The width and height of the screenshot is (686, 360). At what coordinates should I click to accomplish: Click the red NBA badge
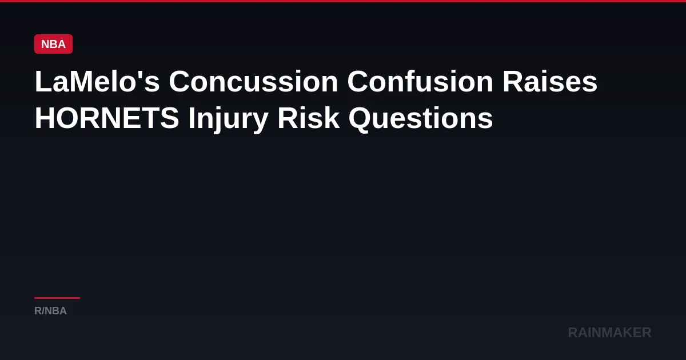pyautogui.click(x=54, y=44)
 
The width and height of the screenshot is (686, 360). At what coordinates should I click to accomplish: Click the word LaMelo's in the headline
pyautogui.click(x=97, y=81)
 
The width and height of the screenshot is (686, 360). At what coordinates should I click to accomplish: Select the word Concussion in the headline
pyautogui.click(x=254, y=81)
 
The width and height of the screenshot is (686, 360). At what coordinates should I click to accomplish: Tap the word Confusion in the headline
pyautogui.click(x=420, y=81)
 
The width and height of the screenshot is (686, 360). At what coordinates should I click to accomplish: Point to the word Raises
pyautogui.click(x=550, y=81)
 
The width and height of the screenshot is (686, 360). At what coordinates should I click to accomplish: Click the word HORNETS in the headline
pyautogui.click(x=107, y=118)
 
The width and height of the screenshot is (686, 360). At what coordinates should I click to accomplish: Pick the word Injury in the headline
pyautogui.click(x=229, y=119)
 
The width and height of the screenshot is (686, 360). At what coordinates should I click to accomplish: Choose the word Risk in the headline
pyautogui.click(x=309, y=118)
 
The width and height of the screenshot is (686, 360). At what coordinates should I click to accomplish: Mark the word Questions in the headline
pyautogui.click(x=421, y=119)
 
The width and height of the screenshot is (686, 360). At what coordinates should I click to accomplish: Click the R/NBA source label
pyautogui.click(x=50, y=311)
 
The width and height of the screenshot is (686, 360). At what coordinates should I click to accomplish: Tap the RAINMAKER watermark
pyautogui.click(x=609, y=333)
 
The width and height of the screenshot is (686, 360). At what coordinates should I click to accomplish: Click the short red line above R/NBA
pyautogui.click(x=57, y=298)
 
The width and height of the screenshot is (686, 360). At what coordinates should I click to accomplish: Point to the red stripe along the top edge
pyautogui.click(x=343, y=1)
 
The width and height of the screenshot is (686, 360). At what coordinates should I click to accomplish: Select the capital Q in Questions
pyautogui.click(x=360, y=119)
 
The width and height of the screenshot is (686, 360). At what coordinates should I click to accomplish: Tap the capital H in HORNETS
pyautogui.click(x=45, y=118)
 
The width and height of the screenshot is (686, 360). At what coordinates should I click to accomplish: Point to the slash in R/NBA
pyautogui.click(x=43, y=311)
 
